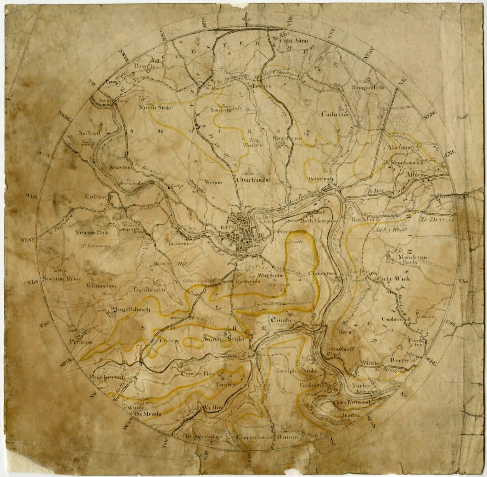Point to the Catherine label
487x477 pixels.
coord(335,114)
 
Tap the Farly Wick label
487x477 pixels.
coord(393,278)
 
